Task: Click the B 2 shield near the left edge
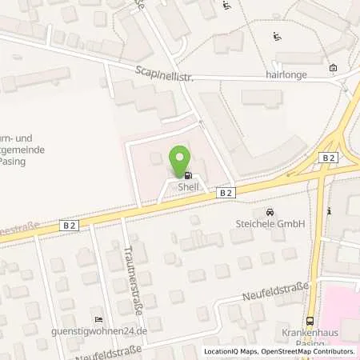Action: [x=70, y=227]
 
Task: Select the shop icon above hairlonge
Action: [x=333, y=68]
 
